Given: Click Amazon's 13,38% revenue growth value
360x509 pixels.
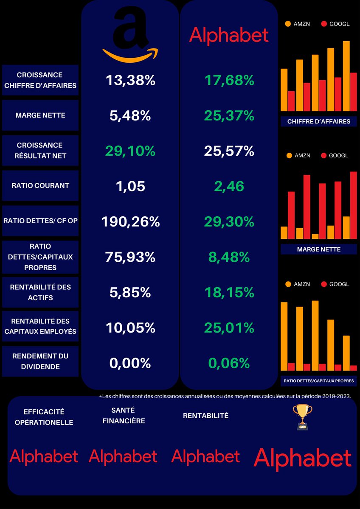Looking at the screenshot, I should (130, 80).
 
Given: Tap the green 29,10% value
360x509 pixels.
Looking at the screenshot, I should (130, 151).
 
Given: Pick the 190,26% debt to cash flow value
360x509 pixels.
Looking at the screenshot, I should (130, 221).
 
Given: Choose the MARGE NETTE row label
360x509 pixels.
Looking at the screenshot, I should (40, 115).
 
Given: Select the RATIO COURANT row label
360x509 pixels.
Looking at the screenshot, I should (40, 186).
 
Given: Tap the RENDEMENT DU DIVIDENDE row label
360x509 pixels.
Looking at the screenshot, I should (40, 361).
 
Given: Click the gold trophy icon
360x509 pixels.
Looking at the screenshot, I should (302, 417).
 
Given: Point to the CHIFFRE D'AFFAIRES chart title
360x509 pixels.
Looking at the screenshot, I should (318, 122).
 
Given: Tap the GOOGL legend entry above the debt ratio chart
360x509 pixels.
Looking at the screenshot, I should (335, 284).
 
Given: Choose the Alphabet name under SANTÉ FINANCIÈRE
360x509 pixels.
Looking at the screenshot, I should (123, 456).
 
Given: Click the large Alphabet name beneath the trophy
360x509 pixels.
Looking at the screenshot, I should (302, 459).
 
